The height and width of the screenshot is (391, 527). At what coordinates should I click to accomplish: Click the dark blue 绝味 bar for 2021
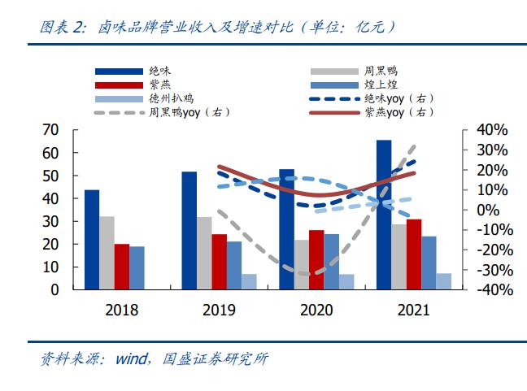[383, 215]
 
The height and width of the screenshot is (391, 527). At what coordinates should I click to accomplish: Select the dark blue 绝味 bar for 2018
[92, 240]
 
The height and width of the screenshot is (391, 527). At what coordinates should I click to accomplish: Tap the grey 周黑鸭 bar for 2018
[107, 253]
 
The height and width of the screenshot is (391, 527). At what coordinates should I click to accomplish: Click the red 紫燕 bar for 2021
[413, 254]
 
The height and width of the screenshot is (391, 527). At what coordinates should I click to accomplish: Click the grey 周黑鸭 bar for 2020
[302, 264]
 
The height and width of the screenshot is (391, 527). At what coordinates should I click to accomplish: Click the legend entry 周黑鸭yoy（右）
[178, 111]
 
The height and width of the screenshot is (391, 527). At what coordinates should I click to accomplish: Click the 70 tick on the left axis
[50, 130]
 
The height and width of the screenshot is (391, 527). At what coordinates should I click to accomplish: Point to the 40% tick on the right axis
[491, 130]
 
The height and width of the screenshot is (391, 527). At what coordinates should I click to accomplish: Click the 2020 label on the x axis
[316, 311]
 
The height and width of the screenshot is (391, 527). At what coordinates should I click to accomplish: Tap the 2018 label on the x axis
[121, 311]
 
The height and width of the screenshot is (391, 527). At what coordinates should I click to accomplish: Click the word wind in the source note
[133, 358]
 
